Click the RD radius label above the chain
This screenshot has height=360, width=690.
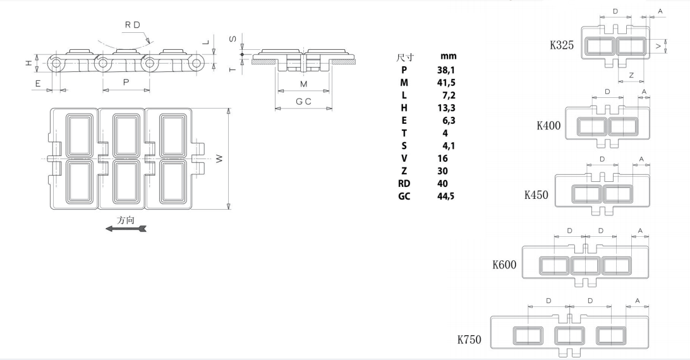pyautogui.click(x=132, y=25)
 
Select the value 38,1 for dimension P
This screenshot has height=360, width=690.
pyautogui.click(x=446, y=69)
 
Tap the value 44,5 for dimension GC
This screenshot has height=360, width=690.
pyautogui.click(x=446, y=196)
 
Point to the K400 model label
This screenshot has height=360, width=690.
pyautogui.click(x=548, y=125)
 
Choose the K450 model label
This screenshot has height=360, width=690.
pyautogui.click(x=536, y=195)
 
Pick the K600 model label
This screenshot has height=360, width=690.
pyautogui.click(x=504, y=264)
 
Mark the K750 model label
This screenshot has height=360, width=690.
pyautogui.click(x=469, y=340)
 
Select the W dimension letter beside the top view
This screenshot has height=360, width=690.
pyautogui.click(x=219, y=159)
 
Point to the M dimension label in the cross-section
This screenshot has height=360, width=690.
pyautogui.click(x=303, y=84)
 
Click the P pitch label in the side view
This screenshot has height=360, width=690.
pyautogui.click(x=126, y=83)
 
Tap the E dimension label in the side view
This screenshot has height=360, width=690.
pyautogui.click(x=38, y=83)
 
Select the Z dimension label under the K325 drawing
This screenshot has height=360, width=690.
pyautogui.click(x=631, y=75)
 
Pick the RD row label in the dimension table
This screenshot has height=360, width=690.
pyautogui.click(x=404, y=183)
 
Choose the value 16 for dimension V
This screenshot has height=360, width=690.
pyautogui.click(x=442, y=158)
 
